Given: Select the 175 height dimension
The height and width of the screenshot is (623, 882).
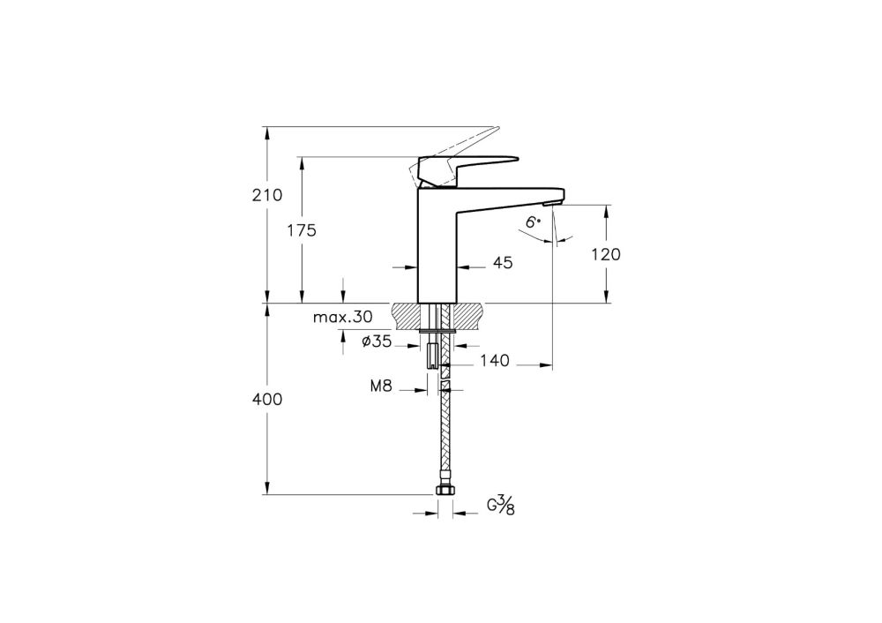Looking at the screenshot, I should [302, 230].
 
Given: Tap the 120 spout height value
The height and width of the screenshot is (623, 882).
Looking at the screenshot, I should [606, 254].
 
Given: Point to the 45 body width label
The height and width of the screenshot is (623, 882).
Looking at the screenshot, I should [504, 262].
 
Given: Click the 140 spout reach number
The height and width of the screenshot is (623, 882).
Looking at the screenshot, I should [494, 360].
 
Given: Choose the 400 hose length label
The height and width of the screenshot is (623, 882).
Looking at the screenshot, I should [268, 400].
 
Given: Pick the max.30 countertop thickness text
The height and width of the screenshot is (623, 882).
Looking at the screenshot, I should [343, 316].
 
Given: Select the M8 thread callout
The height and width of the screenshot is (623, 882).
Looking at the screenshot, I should [382, 386].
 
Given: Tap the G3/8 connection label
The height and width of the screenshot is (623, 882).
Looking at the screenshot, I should [500, 506].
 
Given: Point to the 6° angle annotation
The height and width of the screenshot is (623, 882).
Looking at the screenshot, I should [533, 223].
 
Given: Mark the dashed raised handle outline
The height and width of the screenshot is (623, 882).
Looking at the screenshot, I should [467, 140].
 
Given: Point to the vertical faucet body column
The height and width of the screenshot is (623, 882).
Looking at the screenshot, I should [437, 247].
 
